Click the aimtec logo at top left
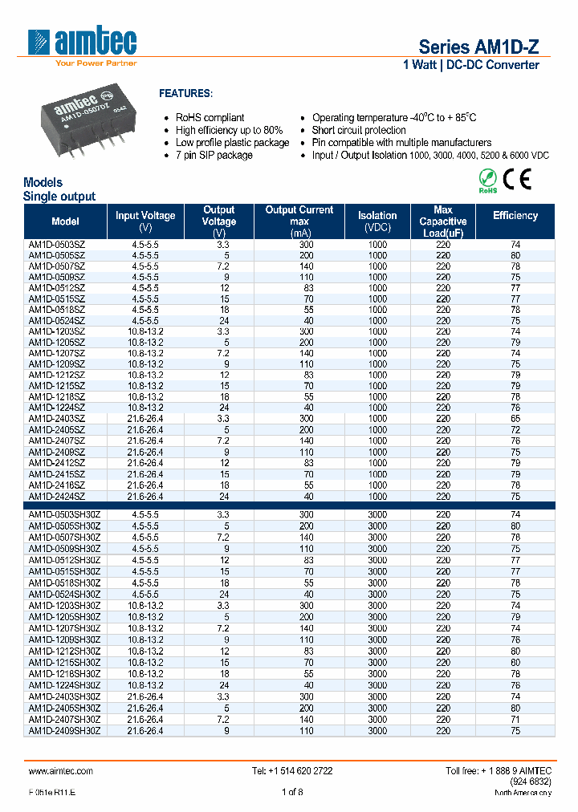tap(82, 45)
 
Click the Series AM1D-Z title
tap(478, 47)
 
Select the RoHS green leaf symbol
tap(488, 180)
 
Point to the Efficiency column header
tap(515, 216)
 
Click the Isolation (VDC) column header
tap(377, 221)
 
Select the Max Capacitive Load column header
tap(442, 221)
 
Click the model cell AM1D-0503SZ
tap(56, 244)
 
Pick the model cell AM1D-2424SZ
tap(56, 496)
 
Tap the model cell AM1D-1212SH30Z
tap(64, 652)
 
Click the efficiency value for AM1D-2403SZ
tap(515, 419)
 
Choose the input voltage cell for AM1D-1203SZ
tap(145, 331)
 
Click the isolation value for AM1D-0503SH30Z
tap(377, 515)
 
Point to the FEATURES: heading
tap(186, 93)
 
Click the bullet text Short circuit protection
tap(359, 130)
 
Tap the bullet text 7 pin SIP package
tap(214, 155)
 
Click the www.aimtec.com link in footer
tap(61, 770)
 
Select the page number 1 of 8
tap(292, 793)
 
